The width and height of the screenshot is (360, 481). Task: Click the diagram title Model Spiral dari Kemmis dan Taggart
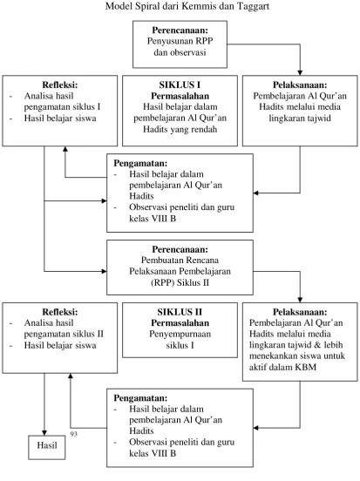(187, 6)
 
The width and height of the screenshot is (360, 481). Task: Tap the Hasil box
(47, 448)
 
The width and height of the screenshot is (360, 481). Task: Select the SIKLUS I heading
(180, 85)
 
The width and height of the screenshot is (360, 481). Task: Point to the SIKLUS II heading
(180, 312)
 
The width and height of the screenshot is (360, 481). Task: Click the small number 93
(74, 434)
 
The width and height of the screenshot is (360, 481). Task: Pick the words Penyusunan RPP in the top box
(180, 41)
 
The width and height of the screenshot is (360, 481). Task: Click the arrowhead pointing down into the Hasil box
(44, 433)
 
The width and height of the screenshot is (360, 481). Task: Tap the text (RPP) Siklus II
(180, 282)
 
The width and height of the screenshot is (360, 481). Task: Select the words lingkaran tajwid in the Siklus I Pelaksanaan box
(300, 119)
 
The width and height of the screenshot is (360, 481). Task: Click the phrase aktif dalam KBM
(282, 367)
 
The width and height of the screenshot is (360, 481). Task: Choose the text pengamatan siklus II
(64, 334)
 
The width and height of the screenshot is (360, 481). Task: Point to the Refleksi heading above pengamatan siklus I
(60, 85)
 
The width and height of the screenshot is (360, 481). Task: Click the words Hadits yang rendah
(180, 129)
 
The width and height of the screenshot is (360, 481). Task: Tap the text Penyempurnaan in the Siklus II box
(180, 334)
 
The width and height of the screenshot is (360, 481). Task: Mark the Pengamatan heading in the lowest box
(140, 398)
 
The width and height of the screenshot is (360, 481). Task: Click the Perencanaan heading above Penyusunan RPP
(180, 30)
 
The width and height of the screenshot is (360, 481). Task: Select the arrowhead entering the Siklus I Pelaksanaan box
(300, 72)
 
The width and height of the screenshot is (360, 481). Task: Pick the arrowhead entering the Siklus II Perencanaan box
(104, 271)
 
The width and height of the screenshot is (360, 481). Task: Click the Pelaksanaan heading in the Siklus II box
(300, 312)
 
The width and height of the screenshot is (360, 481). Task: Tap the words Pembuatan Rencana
(180, 261)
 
